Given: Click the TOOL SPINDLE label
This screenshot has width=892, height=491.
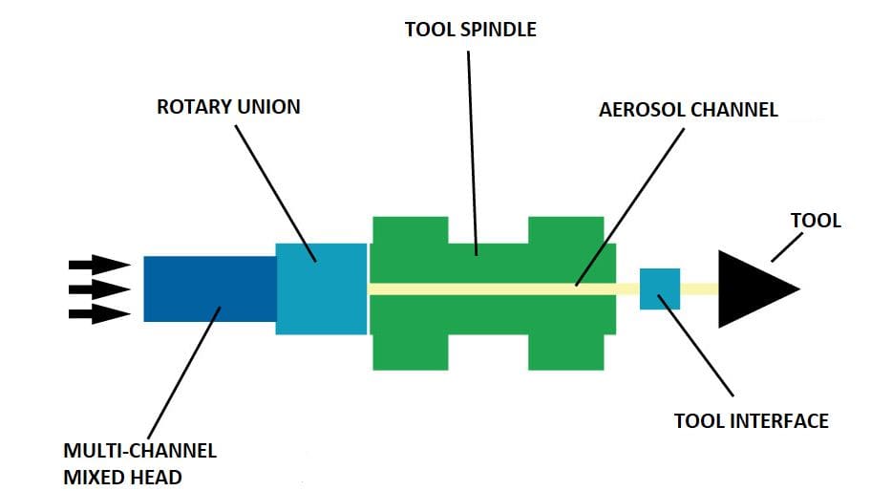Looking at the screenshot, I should pyautogui.click(x=470, y=30).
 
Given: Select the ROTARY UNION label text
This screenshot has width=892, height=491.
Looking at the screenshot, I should pyautogui.click(x=227, y=107).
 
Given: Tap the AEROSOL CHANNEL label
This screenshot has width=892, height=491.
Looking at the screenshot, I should pyautogui.click(x=688, y=110).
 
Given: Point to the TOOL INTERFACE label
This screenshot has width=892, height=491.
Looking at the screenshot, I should pyautogui.click(x=751, y=420).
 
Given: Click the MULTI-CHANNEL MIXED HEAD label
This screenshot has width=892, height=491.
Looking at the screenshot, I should pyautogui.click(x=140, y=461).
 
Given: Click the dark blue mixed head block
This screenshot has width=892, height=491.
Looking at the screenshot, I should pyautogui.click(x=208, y=288).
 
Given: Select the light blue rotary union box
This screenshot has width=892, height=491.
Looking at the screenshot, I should pyautogui.click(x=321, y=288).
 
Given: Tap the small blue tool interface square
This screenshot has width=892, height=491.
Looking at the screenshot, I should pyautogui.click(x=659, y=288).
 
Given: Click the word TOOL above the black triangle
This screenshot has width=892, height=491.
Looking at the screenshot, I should pyautogui.click(x=816, y=221).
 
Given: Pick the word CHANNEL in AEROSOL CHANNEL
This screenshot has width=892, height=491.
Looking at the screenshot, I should pyautogui.click(x=733, y=110).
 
